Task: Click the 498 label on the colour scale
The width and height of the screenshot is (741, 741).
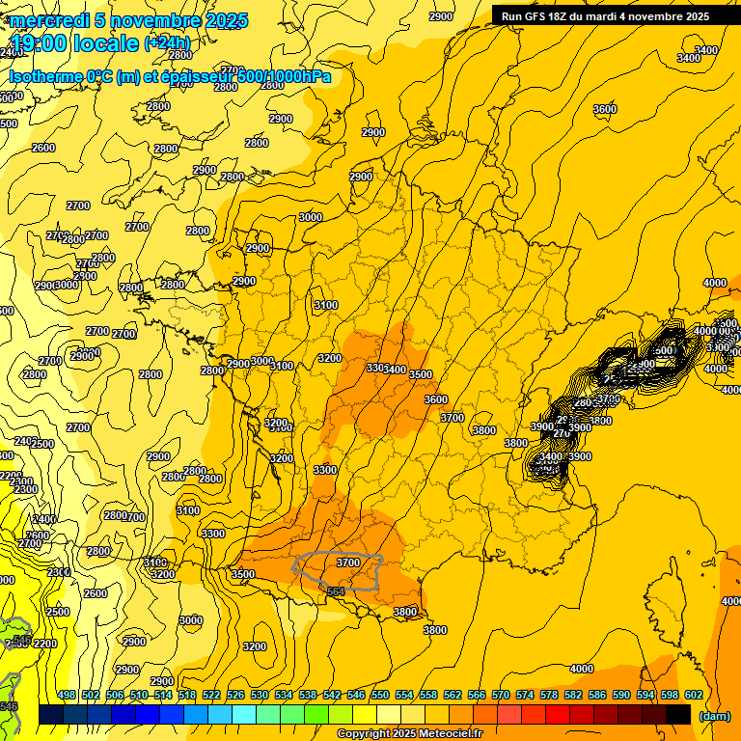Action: tap(67, 695)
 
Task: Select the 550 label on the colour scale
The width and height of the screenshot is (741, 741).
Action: tap(380, 695)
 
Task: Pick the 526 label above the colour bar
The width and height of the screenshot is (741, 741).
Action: tap(235, 695)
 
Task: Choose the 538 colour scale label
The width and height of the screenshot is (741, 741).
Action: tap(308, 695)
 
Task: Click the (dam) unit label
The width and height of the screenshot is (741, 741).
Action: tap(714, 716)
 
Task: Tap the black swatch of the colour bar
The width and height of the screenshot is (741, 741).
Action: tap(678, 714)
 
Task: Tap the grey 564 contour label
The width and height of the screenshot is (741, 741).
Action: tap(336, 591)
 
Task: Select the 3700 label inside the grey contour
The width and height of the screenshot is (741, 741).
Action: tap(348, 562)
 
